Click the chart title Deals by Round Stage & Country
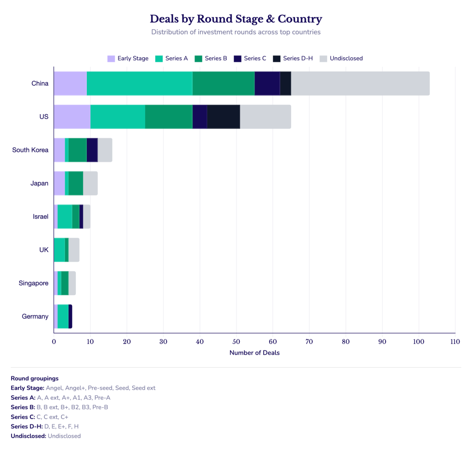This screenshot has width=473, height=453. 236,18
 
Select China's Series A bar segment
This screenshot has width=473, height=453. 139,84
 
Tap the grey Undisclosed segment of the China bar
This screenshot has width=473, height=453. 360,84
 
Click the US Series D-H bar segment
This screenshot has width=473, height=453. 224,117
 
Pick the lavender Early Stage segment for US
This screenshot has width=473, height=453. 73,117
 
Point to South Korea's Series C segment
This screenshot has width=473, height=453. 92,150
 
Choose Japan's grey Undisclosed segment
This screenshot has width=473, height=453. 91,183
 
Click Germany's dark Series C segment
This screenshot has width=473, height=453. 70,316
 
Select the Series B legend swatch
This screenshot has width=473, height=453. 199,59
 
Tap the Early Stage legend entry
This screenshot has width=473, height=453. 128,59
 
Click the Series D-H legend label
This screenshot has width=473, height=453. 298,59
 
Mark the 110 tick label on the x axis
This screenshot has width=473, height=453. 455,342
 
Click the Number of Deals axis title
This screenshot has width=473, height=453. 255,353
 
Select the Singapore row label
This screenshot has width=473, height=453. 33,283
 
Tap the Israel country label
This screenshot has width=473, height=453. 41,217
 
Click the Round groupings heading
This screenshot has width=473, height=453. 35,379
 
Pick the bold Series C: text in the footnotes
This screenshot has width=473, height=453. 23,417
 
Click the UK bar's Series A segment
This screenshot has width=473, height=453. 60,250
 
